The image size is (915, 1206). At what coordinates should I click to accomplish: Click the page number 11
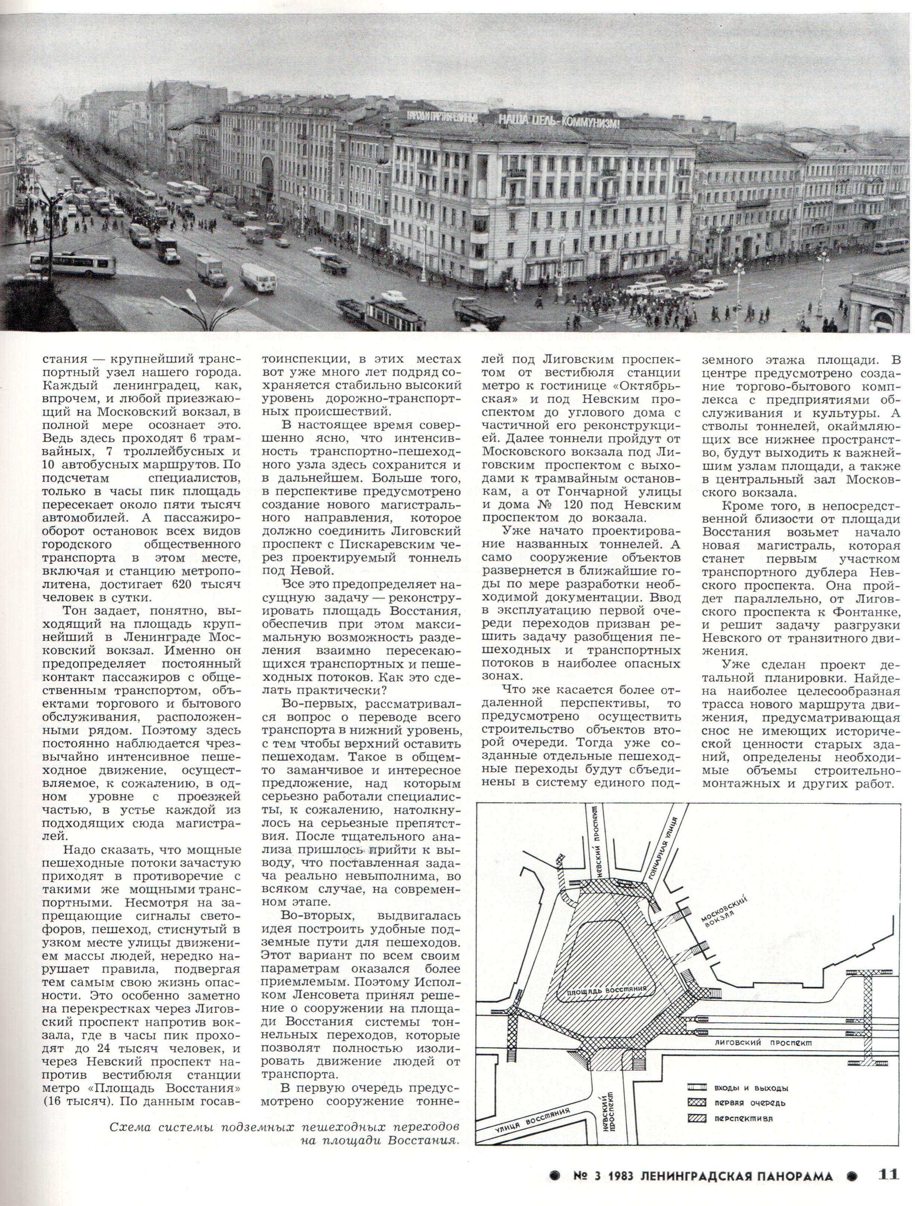pyautogui.click(x=888, y=1186)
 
